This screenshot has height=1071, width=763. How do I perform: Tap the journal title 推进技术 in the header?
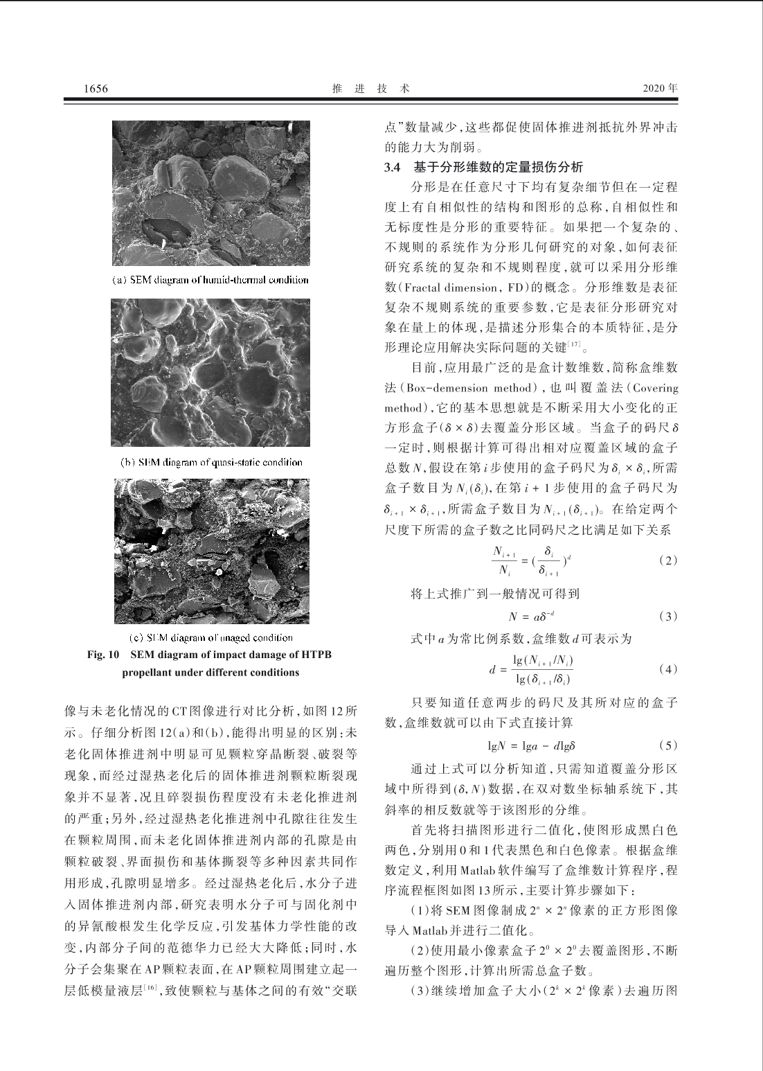tap(370, 89)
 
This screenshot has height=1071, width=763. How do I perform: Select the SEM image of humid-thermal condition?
tap(211, 193)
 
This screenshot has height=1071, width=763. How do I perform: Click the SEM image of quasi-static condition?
tap(210, 373)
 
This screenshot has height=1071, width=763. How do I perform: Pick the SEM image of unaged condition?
tap(212, 551)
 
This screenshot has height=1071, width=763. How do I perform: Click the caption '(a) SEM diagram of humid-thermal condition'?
tap(210, 281)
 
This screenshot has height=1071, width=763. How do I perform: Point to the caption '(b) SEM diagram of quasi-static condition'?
tap(210, 462)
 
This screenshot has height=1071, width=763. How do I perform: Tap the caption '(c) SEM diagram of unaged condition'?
tap(211, 637)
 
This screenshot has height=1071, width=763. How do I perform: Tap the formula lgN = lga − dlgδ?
tap(532, 746)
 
